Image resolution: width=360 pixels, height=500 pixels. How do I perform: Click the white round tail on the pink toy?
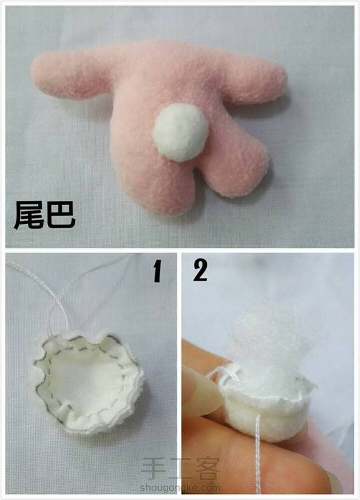click(181, 132)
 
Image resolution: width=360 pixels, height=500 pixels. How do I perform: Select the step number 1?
click(157, 271)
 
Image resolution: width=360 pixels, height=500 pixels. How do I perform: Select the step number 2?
click(200, 270)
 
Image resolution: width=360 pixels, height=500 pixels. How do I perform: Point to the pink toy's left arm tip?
click(35, 72)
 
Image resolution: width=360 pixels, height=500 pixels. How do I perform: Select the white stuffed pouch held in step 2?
click(265, 411)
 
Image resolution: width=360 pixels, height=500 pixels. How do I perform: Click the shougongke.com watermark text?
click(180, 488)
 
